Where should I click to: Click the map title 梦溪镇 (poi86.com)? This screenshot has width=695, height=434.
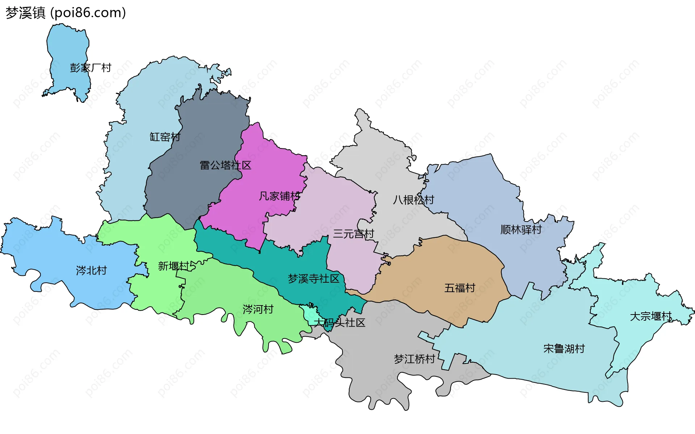tap(66, 13)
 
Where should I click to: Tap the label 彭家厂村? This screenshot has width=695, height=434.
tap(90, 68)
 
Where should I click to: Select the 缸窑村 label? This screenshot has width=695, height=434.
tap(165, 137)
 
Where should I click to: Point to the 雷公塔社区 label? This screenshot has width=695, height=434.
tap(226, 165)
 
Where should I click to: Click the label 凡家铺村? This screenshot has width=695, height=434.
tap(279, 196)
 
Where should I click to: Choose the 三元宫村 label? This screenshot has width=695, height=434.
tap(353, 234)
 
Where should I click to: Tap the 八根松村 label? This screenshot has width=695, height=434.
tap(413, 200)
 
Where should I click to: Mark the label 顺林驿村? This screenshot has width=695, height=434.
tap(521, 229)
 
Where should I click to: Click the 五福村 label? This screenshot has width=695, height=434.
tap(460, 288)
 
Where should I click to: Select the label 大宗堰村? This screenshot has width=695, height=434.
tap(650, 316)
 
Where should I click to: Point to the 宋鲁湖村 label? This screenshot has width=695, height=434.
tap(564, 349)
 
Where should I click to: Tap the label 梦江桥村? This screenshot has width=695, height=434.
tap(414, 359)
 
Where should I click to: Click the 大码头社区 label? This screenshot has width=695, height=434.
tap(339, 323)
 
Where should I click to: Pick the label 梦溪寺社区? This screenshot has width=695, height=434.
tap(313, 279)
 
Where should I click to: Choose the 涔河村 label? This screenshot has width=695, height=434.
tap(258, 309)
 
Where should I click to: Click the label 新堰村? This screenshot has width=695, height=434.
tap(173, 266)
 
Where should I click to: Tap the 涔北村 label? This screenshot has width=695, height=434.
tap(91, 270)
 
